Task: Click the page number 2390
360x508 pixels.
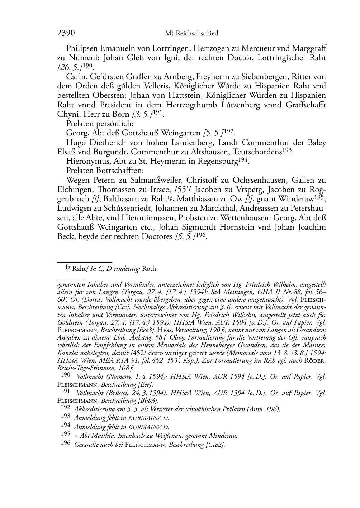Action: (x=66, y=33)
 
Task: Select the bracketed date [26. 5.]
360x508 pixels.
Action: (x=68, y=67)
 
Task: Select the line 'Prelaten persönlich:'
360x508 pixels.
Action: (x=99, y=124)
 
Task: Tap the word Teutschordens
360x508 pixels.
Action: (x=258, y=152)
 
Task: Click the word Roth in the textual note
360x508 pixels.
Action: (x=151, y=269)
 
